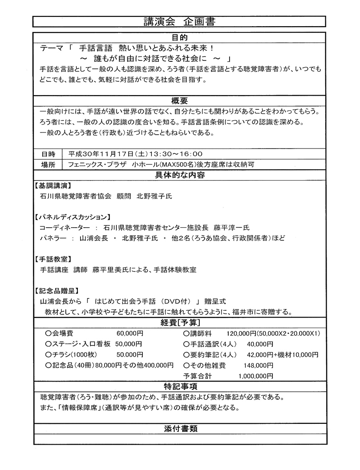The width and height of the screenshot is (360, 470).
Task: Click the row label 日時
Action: [49, 154]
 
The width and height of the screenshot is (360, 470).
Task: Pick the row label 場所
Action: [49, 165]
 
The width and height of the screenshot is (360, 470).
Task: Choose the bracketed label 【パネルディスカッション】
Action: [72, 217]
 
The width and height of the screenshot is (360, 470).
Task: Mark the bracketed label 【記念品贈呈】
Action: [56, 291]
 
